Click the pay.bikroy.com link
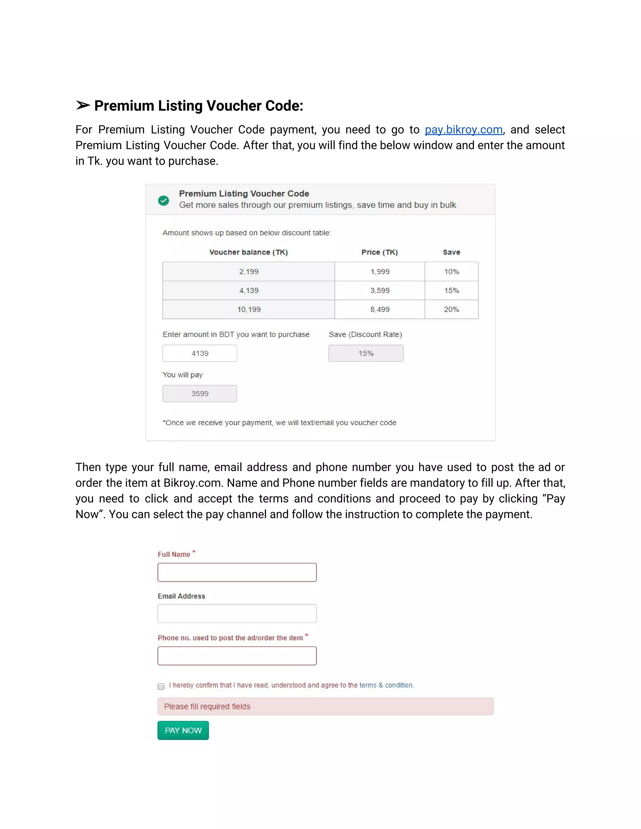pos(463,130)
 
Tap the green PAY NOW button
pos(183,730)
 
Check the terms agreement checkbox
pos(161,686)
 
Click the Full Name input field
pos(237,572)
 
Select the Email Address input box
pos(237,613)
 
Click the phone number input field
pos(237,656)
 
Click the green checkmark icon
pos(164,201)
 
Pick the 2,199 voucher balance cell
pos(249,272)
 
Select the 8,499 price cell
pos(380,309)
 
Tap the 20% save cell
pos(452,309)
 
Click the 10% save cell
pos(452,272)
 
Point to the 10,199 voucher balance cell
pos(249,309)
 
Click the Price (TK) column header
pos(379,252)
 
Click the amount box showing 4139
pos(200,353)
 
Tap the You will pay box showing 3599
pos(200,394)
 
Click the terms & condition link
pos(386,685)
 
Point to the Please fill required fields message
pos(326,706)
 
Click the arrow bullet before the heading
pos(83,105)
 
